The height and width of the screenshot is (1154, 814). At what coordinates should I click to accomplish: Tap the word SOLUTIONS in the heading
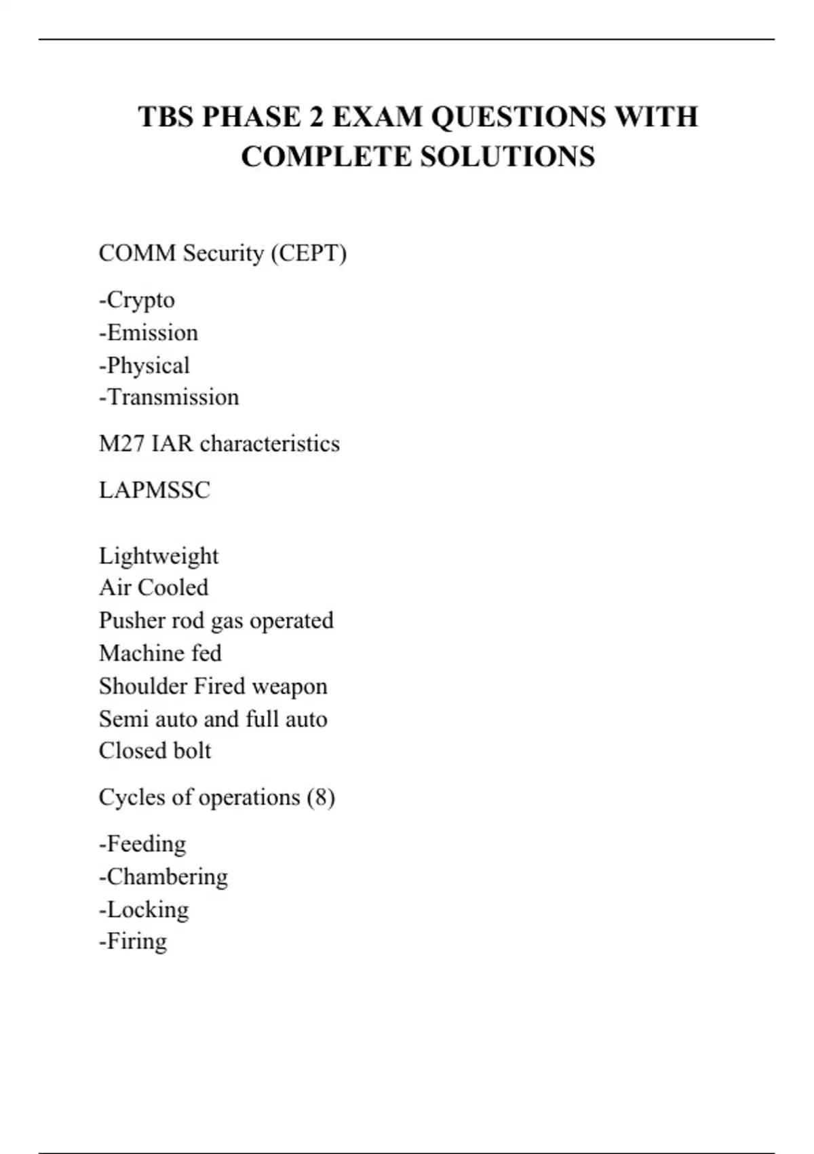click(507, 157)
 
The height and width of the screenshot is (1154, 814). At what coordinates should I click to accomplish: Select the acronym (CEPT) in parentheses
click(309, 253)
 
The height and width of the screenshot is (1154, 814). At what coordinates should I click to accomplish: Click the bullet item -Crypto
click(137, 300)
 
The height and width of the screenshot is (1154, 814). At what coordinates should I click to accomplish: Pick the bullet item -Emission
click(149, 333)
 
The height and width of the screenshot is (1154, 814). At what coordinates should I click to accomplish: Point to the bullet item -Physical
click(144, 365)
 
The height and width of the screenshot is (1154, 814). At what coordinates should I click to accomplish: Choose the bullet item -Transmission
click(169, 397)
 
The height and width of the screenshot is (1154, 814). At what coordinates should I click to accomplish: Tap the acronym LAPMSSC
click(155, 490)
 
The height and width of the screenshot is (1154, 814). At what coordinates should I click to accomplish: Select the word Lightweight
click(159, 556)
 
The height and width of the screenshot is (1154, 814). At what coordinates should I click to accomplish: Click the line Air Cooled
click(153, 588)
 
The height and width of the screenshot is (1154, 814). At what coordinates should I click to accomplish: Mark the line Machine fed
click(160, 653)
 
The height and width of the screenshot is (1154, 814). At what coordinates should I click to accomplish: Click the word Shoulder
click(142, 686)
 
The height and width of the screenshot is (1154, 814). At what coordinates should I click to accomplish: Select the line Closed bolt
click(155, 751)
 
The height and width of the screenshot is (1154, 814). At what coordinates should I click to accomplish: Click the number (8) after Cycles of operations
click(321, 798)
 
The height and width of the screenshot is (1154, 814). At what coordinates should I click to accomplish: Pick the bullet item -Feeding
click(142, 844)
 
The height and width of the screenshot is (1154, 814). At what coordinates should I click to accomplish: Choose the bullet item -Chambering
click(163, 876)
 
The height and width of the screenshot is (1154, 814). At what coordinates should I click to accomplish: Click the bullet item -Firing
click(133, 942)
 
